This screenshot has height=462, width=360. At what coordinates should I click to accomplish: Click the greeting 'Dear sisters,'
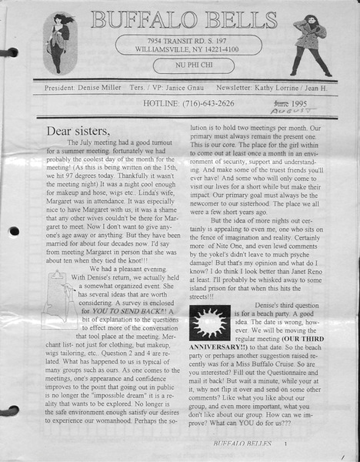pos(76,131)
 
